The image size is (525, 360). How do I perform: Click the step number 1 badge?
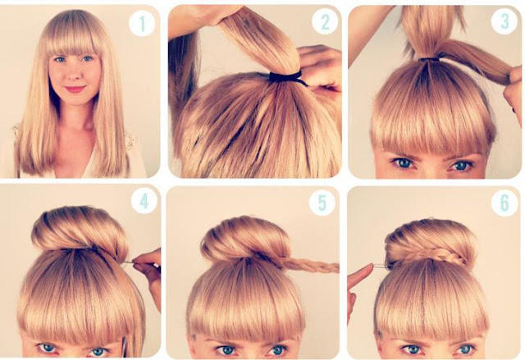pyautogui.click(x=142, y=24)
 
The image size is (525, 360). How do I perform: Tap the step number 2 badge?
pyautogui.click(x=325, y=21)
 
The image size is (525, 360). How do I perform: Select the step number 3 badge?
pyautogui.click(x=504, y=21)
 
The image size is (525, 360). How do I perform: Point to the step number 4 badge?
pyautogui.click(x=144, y=201)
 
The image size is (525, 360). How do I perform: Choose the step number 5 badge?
pyautogui.click(x=322, y=203)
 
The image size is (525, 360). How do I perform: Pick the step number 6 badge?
pyautogui.click(x=504, y=203)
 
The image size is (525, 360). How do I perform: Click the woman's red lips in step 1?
pyautogui.click(x=75, y=89)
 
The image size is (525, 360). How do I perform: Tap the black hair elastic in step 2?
pyautogui.click(x=286, y=78)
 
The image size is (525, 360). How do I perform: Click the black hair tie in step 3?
pyautogui.click(x=430, y=59)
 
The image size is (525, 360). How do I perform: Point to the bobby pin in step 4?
pyautogui.click(x=130, y=263)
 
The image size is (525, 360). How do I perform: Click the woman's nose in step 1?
pyautogui.click(x=74, y=73)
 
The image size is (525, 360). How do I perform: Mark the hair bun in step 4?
pyautogui.click(x=80, y=229)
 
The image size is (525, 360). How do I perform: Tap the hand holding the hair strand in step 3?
pyautogui.click(x=514, y=93)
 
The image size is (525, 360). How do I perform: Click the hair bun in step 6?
pyautogui.click(x=430, y=244)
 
